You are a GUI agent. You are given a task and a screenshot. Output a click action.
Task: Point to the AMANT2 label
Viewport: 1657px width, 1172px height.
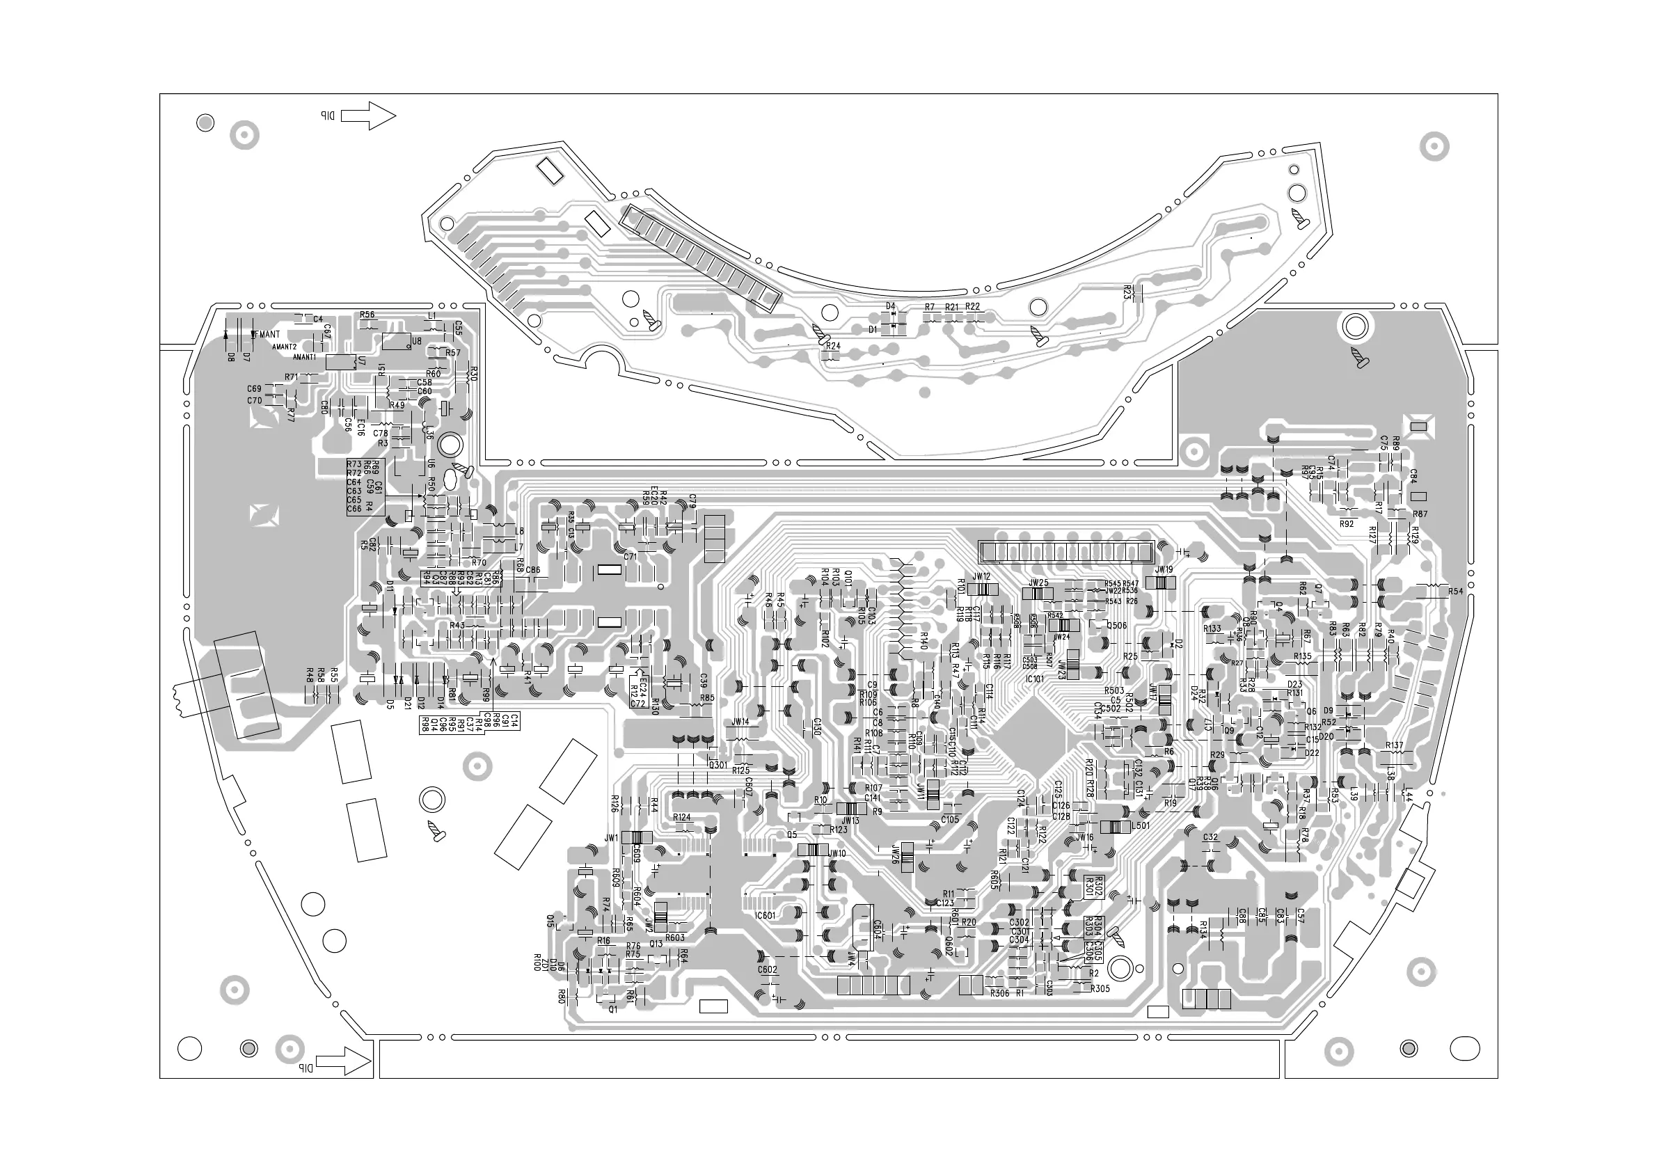click(285, 347)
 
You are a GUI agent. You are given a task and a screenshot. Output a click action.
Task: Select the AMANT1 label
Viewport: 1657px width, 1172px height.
click(305, 357)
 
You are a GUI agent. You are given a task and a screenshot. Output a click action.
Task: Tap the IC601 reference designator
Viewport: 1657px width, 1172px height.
click(764, 916)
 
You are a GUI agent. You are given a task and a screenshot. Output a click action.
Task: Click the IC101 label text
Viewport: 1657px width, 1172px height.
click(1034, 679)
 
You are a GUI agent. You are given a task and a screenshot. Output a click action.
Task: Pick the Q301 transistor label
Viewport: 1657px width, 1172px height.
click(718, 765)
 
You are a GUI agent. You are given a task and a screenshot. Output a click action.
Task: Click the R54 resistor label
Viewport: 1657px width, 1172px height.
click(1455, 592)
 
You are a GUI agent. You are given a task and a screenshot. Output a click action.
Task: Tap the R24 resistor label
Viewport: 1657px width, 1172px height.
click(833, 347)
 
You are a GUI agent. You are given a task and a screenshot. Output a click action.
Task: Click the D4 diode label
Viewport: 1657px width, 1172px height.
click(891, 307)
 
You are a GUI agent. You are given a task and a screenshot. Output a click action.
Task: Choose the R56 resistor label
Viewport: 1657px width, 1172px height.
click(367, 315)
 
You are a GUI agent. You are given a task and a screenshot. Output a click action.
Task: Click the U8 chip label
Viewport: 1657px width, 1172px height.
click(416, 341)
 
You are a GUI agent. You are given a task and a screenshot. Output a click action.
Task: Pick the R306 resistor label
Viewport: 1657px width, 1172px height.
click(999, 994)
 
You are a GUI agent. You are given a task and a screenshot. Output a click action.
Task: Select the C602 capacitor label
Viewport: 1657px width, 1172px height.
click(767, 970)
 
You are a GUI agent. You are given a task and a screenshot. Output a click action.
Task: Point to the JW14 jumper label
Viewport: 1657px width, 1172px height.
click(740, 722)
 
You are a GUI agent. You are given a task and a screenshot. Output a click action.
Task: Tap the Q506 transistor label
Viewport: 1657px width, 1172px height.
click(1116, 626)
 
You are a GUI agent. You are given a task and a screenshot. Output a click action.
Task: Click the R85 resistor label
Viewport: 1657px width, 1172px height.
click(706, 698)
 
